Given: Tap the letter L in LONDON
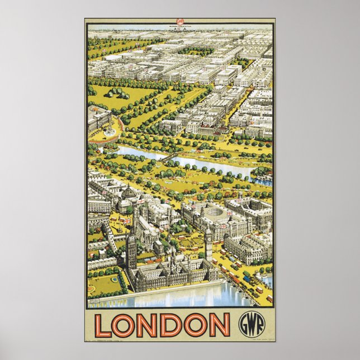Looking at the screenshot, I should point(104,325).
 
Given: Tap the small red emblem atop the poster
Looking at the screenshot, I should point(179,22).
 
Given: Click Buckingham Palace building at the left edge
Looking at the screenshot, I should point(97,118).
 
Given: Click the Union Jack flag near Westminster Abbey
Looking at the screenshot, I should point(128,220).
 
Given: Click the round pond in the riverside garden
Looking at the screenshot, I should point(115,277).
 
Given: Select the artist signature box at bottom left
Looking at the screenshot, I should point(96,301).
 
